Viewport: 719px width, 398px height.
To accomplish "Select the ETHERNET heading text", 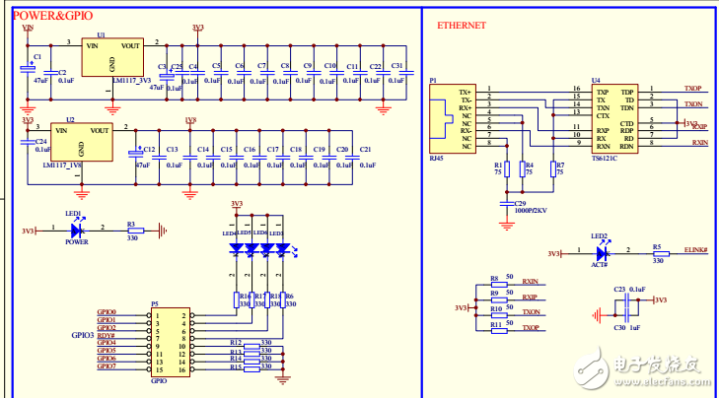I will click(461, 26).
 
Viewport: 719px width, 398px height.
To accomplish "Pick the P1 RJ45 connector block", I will click(451, 116).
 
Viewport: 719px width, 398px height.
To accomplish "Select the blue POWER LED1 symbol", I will click(76, 231).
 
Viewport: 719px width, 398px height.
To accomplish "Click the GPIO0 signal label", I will click(107, 312).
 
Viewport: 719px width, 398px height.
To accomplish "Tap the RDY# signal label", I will click(107, 335).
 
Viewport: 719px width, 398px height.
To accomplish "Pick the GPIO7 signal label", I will click(107, 366).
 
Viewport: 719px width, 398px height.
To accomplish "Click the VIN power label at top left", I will click(28, 28).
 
